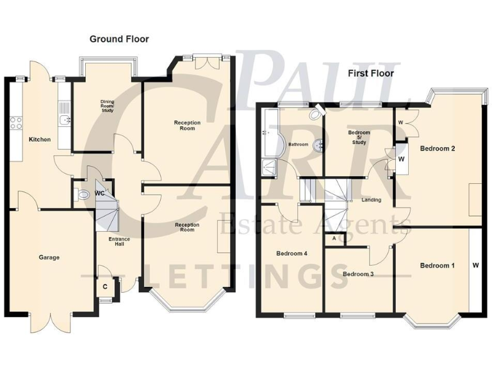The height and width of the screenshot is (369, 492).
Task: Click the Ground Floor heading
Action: click(x=119, y=39)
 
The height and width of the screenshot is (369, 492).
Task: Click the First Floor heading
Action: click(x=370, y=73)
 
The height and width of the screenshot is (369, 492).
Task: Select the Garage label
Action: click(x=49, y=258)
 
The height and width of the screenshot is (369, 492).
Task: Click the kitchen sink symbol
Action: click(x=63, y=120)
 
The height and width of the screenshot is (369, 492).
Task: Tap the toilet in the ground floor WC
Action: click(x=81, y=195)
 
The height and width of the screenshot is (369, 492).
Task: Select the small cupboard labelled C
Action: click(x=105, y=286)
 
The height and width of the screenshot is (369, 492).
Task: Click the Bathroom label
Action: click(x=298, y=145)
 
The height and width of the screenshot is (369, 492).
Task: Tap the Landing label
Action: click(x=371, y=200)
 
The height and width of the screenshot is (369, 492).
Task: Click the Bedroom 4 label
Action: click(x=292, y=254)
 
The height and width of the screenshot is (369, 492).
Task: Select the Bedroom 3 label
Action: click(x=359, y=274)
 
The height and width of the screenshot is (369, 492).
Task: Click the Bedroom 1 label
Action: click(x=437, y=265)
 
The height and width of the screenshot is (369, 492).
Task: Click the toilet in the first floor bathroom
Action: click(x=316, y=115)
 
